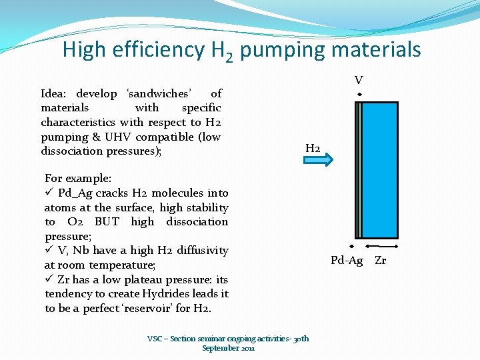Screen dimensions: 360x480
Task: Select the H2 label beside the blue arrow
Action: pyautogui.click(x=313, y=147)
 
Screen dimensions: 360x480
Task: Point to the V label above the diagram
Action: pyautogui.click(x=359, y=81)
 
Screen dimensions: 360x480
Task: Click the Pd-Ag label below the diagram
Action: pyautogui.click(x=347, y=260)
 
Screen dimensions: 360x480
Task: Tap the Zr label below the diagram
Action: pyautogui.click(x=380, y=260)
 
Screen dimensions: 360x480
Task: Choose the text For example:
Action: pyautogui.click(x=78, y=179)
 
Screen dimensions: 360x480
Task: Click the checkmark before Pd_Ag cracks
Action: pyautogui.click(x=49, y=193)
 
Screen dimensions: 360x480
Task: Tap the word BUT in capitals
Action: pyautogui.click(x=107, y=222)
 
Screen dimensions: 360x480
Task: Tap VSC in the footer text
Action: pyautogui.click(x=154, y=339)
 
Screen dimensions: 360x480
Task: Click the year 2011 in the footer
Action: pyautogui.click(x=247, y=348)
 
